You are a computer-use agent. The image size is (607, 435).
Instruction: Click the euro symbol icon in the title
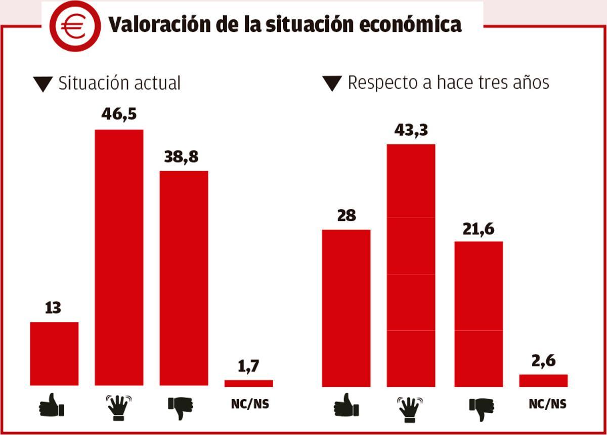75,26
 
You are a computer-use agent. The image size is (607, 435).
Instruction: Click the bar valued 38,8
184,278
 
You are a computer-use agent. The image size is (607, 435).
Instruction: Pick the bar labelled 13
54,353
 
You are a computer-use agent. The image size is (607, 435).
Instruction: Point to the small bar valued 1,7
248,383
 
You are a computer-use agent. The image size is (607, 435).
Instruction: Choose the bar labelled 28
346,308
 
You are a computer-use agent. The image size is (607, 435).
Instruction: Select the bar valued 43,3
411,265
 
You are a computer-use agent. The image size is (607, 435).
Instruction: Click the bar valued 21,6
478,314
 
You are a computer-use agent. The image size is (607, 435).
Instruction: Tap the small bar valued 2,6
543,380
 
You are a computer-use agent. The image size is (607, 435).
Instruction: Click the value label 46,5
119,113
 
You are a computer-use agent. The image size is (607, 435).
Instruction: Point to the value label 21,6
478,229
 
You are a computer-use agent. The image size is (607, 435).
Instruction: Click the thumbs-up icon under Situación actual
52,406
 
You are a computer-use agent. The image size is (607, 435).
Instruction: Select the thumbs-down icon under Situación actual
181,407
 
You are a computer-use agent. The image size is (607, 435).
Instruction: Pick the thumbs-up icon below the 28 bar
346,406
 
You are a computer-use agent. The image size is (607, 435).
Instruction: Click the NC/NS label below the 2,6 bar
547,404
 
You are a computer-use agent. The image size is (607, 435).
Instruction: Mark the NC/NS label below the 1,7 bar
250,404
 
